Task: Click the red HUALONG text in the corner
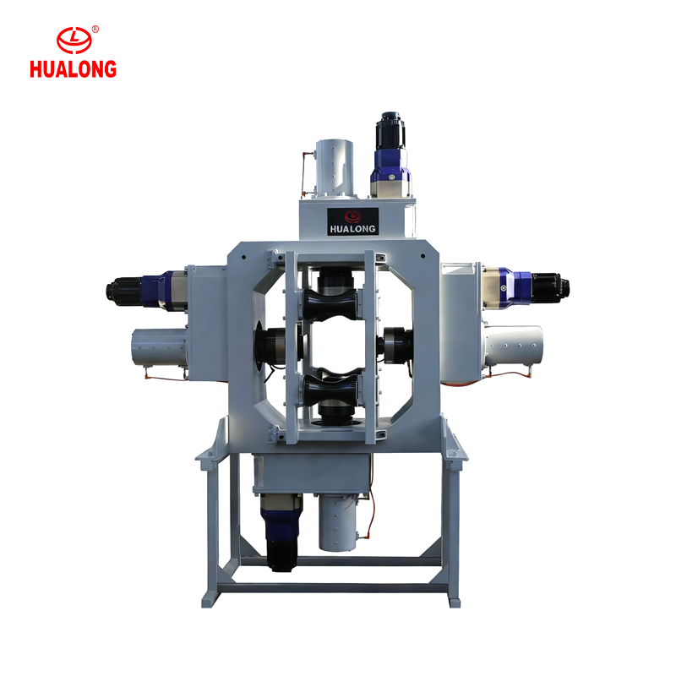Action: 73,69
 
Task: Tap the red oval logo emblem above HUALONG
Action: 74,40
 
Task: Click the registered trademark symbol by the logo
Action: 95,30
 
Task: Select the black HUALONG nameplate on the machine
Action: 352,221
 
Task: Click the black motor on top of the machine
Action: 390,130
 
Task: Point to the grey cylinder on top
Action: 334,168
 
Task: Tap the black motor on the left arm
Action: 124,291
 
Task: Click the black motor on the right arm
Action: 550,286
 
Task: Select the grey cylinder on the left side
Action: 159,347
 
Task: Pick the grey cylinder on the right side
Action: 514,346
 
